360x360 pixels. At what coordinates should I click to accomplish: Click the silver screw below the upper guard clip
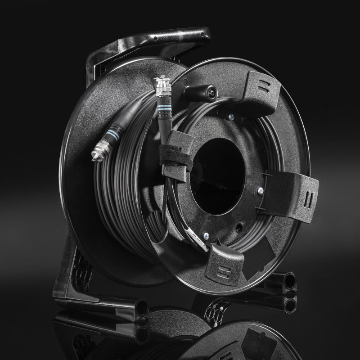(x=231, y=118)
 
